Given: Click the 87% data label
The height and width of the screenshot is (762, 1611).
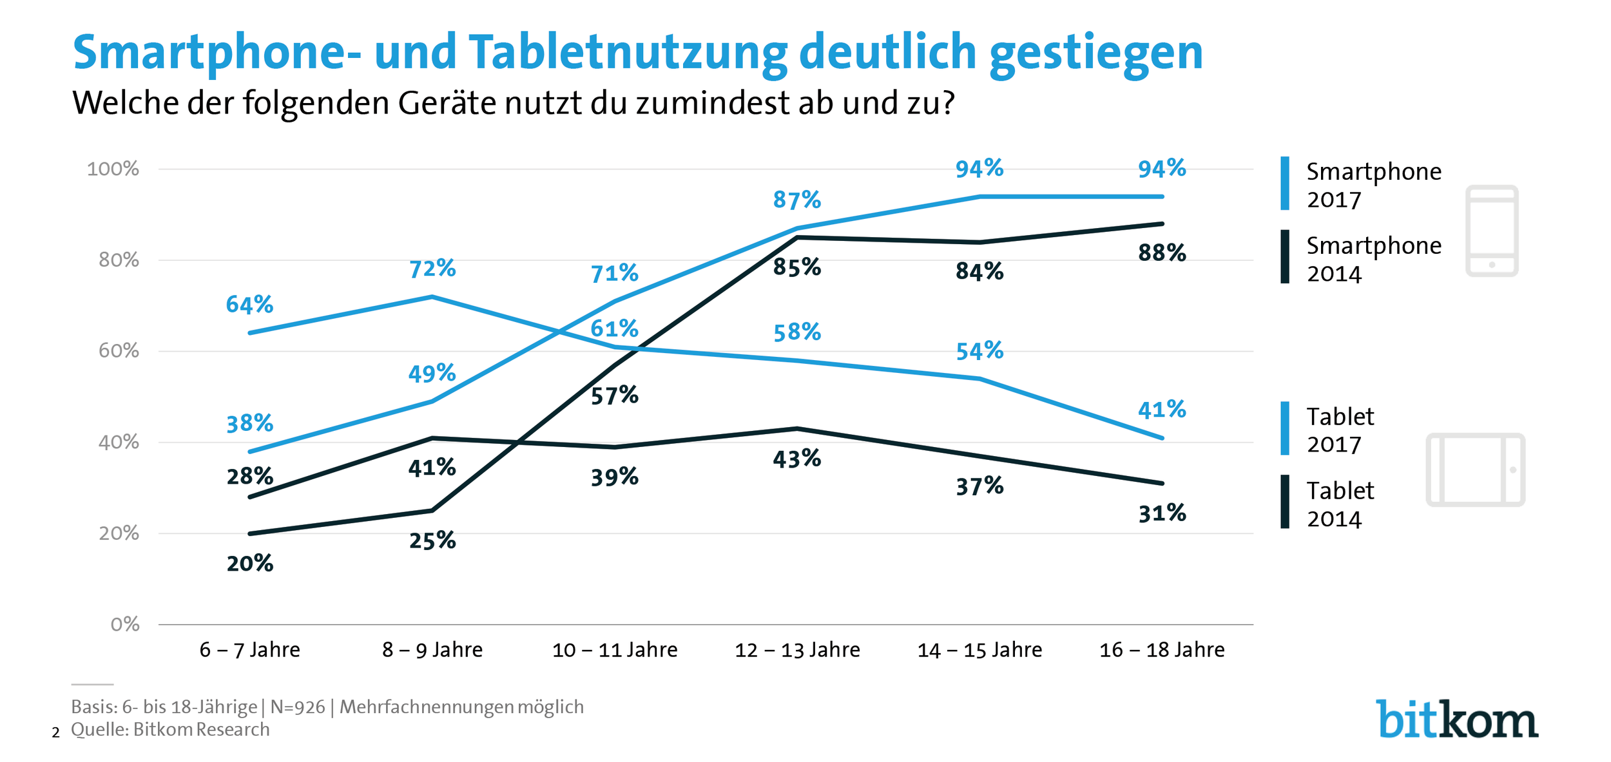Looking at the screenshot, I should [796, 200].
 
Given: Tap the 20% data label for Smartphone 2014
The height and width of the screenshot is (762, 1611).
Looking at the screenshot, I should [250, 564].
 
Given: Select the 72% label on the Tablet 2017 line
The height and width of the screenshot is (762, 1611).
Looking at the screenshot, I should [432, 269].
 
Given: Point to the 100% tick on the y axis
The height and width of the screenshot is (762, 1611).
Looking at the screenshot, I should [113, 169].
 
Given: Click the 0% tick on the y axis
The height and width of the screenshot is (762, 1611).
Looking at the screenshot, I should [125, 624].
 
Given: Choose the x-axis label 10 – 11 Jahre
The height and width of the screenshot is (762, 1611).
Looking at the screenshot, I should [615, 650].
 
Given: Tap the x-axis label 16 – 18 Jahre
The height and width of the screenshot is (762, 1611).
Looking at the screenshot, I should [1162, 650].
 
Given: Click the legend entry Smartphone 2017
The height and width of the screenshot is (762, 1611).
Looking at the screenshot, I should [1373, 185].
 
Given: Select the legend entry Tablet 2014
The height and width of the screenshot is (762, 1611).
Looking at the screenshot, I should [1340, 504].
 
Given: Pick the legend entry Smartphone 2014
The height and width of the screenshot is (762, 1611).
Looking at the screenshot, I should [1373, 259].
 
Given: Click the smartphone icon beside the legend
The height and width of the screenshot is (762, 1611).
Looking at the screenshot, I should [1491, 231].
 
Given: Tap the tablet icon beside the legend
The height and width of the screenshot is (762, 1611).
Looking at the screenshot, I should [1475, 470].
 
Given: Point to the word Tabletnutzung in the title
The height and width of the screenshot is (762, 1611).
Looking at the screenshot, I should [628, 52].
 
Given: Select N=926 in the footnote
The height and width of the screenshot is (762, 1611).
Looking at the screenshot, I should [298, 707].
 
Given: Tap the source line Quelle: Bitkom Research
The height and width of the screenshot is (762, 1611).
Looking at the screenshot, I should [170, 730].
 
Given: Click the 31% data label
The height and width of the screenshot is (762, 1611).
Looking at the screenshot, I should [1162, 513].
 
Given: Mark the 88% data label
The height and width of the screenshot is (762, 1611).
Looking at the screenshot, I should [1162, 252].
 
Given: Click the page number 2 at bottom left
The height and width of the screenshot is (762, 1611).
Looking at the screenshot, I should [56, 733].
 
